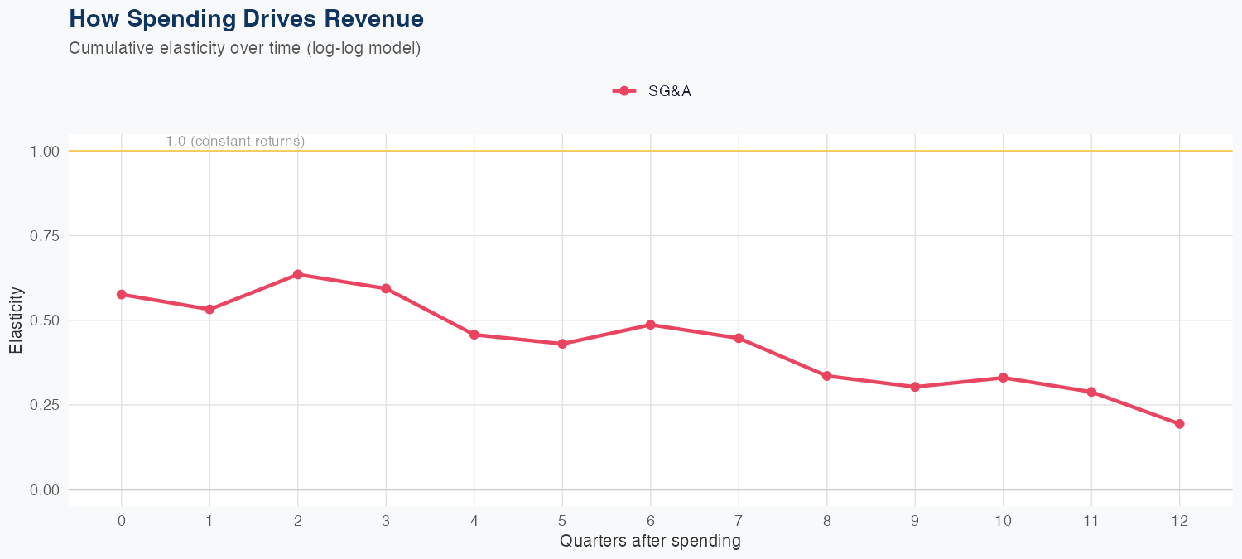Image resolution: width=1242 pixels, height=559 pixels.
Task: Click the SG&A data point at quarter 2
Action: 297,274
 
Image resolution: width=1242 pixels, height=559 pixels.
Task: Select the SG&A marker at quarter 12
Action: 1179,424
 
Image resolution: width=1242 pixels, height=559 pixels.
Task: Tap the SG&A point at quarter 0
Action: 122,294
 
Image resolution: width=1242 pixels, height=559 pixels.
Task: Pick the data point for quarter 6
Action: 651,325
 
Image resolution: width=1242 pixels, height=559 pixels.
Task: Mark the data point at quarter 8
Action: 826,376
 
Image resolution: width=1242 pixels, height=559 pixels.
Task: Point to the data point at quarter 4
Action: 474,335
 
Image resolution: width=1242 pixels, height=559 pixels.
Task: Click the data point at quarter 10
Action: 1003,378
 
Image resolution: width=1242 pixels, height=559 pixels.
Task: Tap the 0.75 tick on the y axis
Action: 45,236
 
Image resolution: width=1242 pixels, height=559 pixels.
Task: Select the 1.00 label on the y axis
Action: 45,152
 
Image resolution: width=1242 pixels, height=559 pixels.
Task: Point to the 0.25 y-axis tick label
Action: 45,405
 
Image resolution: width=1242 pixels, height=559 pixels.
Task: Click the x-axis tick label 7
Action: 739,521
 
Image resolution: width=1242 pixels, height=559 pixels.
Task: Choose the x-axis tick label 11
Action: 1091,521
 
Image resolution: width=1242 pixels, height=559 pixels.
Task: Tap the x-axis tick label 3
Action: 386,521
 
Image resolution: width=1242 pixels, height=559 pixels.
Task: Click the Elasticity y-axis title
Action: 16,320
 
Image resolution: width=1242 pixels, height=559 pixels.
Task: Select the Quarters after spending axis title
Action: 650,542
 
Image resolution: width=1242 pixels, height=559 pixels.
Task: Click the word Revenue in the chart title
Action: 377,18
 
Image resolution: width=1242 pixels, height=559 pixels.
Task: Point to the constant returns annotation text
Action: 235,142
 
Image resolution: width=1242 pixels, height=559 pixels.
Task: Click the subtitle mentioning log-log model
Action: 245,48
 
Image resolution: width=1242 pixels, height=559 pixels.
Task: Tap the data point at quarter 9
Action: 915,387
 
